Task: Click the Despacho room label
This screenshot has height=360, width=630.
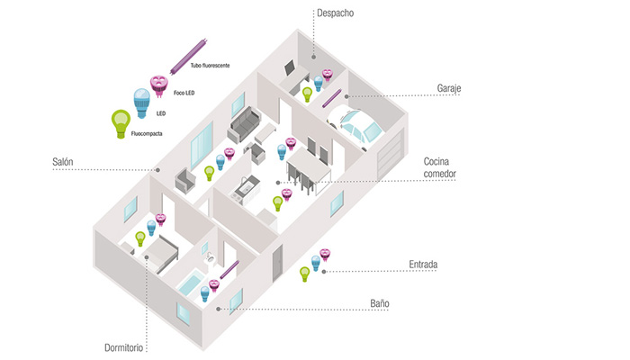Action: coord(335,13)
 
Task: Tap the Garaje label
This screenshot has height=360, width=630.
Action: coord(449,88)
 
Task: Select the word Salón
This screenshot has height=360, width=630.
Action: coord(63,162)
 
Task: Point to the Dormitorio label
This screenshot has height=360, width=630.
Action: coord(124,347)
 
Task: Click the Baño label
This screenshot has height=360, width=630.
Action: coord(380,303)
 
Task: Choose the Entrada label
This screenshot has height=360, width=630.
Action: coord(423,265)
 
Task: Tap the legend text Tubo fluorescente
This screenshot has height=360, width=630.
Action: coord(210,66)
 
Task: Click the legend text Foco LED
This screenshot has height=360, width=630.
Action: coord(184,93)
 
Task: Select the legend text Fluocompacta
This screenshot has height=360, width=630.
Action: coord(147,134)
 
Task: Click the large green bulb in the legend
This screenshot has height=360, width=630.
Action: coord(121,124)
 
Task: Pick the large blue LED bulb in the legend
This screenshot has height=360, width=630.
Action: coord(141,103)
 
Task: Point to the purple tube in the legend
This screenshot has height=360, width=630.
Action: coord(188,57)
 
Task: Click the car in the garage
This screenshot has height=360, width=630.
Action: coord(354,124)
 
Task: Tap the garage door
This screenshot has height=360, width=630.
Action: coord(390,155)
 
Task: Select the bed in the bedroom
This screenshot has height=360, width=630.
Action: coord(161,254)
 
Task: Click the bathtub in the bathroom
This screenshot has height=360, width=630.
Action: coord(191,283)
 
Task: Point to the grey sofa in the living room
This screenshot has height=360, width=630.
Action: coord(244,124)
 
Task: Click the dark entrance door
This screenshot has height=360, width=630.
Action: coord(277,263)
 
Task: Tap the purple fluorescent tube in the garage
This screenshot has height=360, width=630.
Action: coord(332,98)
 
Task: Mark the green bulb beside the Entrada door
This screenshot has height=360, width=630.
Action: coord(305,274)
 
